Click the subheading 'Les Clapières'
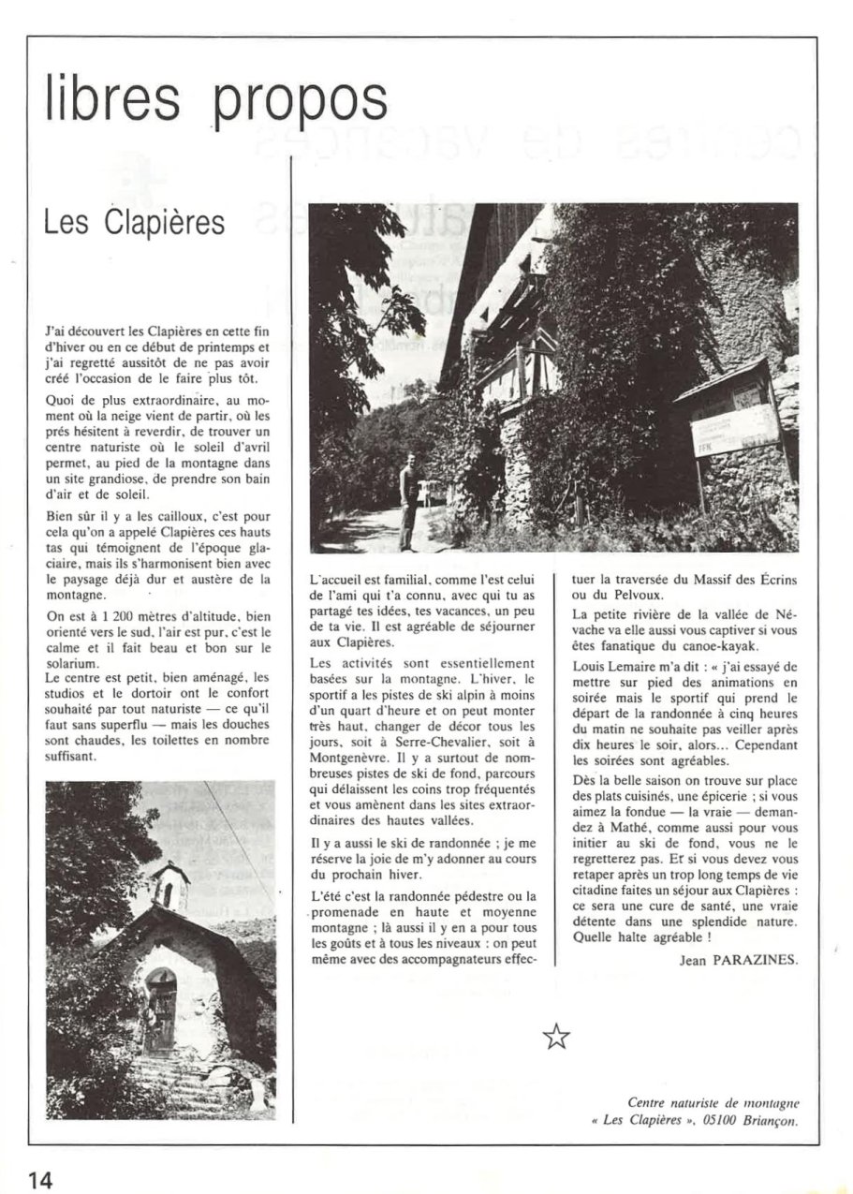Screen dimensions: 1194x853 (x=134, y=223)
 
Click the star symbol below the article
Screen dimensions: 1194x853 (x=556, y=1035)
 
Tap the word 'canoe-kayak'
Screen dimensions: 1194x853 (x=725, y=645)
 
